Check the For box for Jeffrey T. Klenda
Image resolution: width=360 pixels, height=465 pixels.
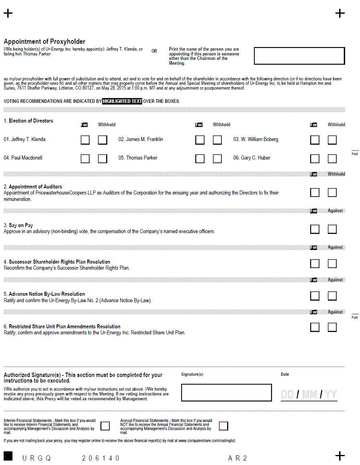[85, 140]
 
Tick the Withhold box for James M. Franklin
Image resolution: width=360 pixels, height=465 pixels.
[217, 140]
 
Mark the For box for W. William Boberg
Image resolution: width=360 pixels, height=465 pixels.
[315, 140]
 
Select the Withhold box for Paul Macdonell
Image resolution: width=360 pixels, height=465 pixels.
[102, 158]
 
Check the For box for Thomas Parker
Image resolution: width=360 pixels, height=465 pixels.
[200, 158]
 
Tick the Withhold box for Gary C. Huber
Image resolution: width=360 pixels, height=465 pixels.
[332, 158]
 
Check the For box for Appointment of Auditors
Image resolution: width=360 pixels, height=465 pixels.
[315, 193]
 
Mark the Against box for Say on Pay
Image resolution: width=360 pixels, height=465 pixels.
[332, 229]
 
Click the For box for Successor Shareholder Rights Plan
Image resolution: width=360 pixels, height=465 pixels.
[315, 264]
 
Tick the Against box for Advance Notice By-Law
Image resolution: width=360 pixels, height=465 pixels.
[332, 296]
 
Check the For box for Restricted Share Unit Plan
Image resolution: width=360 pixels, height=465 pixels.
[315, 327]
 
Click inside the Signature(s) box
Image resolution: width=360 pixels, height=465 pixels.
[226, 393]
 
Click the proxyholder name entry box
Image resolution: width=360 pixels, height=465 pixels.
[299, 56]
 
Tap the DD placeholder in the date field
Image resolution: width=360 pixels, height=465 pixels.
[287, 394]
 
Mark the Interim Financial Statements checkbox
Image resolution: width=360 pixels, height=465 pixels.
[105, 426]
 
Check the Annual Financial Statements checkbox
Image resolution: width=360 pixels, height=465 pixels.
[223, 426]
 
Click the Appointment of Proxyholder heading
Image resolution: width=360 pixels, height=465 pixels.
[45, 41]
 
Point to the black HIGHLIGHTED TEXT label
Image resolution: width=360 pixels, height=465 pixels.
[122, 101]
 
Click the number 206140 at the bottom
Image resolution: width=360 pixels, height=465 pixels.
[101, 458]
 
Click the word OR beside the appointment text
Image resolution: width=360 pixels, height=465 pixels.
[154, 51]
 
